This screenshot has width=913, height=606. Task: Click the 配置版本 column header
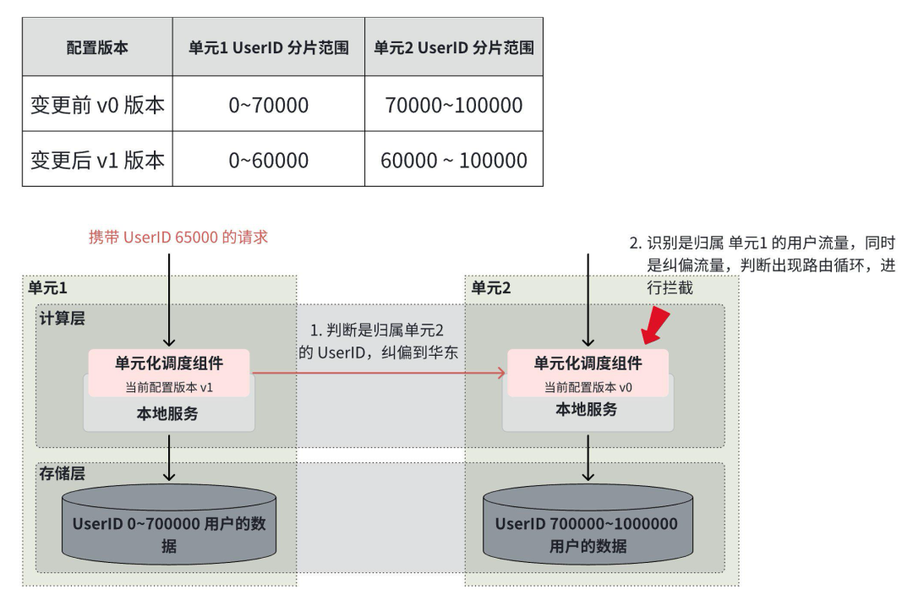97,47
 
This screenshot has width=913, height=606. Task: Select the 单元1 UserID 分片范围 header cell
269,47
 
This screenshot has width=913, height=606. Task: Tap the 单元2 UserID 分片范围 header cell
454,47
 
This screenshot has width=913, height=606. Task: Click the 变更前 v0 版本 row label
97,105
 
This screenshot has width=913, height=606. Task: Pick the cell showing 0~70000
269,105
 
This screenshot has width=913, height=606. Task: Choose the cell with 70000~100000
454,105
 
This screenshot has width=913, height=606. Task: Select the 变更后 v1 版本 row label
97,160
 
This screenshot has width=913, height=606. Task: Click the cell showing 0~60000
269,160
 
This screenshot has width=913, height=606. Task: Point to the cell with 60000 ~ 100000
454,160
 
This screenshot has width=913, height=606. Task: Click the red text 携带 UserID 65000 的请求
178,237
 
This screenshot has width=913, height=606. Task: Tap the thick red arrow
655,326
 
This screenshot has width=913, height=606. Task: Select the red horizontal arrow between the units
379,373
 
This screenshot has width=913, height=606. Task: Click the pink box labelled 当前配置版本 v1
169,373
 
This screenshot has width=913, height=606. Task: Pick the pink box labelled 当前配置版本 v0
588,373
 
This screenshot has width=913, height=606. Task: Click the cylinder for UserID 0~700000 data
169,525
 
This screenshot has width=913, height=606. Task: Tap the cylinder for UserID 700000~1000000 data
588,525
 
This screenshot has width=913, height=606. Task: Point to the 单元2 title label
490,287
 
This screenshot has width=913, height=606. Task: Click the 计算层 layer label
62,319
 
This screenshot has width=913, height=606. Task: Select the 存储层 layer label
62,473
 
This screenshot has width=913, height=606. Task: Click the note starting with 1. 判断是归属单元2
379,341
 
